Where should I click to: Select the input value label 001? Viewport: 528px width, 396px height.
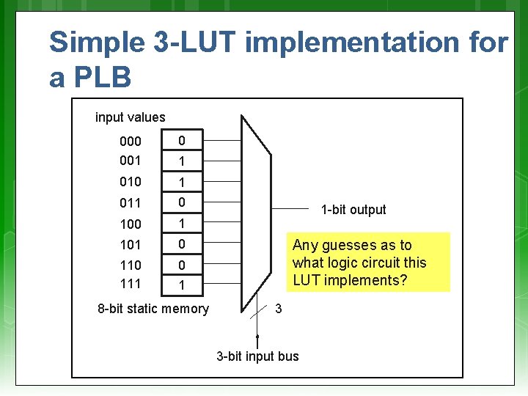click(x=131, y=160)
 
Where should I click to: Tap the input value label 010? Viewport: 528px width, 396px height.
click(x=131, y=181)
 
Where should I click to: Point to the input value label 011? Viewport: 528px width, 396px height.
click(x=131, y=202)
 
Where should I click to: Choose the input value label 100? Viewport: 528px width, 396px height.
click(x=131, y=224)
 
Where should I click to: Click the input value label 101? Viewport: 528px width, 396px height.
click(x=131, y=244)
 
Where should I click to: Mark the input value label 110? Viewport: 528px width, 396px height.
click(x=131, y=265)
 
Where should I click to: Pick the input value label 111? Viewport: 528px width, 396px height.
click(x=131, y=282)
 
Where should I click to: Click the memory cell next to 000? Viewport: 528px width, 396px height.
click(x=182, y=140)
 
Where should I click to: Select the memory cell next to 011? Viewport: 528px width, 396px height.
click(x=182, y=202)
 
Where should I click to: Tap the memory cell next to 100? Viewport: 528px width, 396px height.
click(x=182, y=223)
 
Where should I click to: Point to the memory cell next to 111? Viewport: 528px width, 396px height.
click(x=182, y=284)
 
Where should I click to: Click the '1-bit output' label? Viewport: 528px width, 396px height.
click(x=353, y=210)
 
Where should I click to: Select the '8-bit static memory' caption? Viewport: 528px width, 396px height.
click(x=153, y=309)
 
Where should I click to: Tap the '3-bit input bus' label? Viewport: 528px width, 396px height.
click(x=257, y=356)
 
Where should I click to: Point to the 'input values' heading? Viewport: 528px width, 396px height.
click(x=131, y=117)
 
